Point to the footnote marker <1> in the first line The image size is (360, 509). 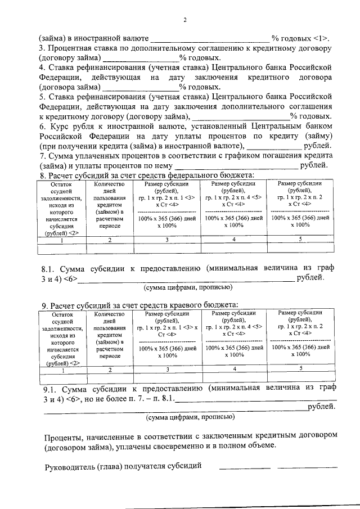pyautogui.click(x=322, y=39)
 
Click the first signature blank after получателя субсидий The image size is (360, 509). pyautogui.click(x=244, y=467)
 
